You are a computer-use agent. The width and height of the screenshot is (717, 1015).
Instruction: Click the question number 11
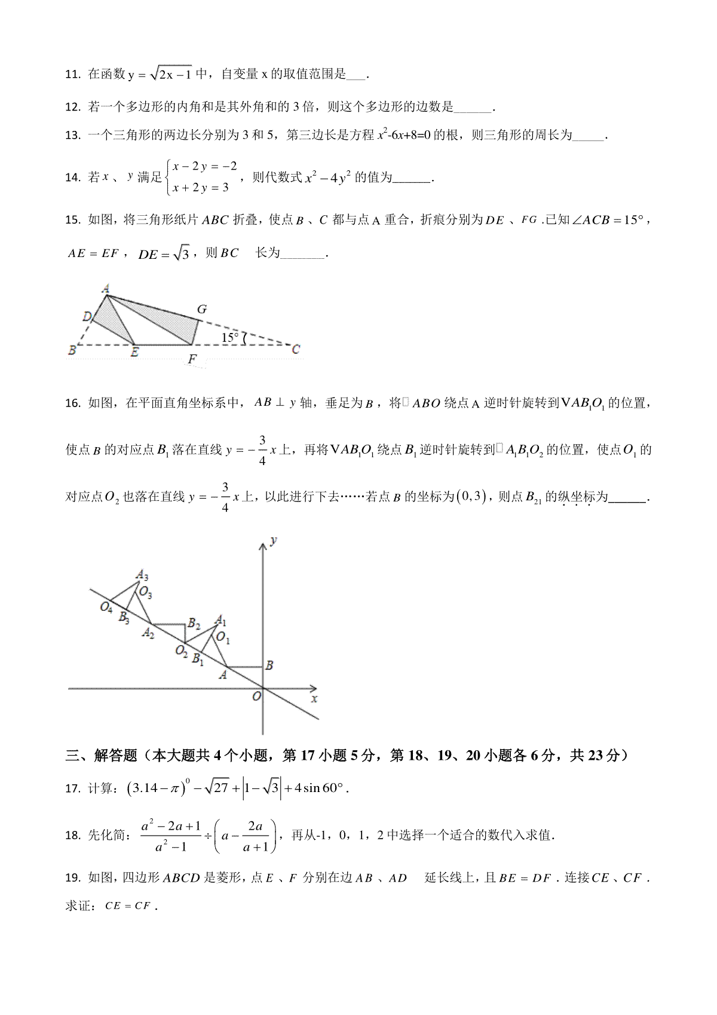[72, 75]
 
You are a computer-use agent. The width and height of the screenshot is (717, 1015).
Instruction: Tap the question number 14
[72, 178]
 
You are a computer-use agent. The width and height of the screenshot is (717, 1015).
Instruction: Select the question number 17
[72, 788]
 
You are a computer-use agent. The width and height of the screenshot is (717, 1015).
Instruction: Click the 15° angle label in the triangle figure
[230, 338]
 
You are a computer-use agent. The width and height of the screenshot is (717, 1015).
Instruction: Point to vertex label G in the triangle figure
[202, 309]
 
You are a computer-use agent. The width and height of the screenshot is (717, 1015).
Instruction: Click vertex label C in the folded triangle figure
[295, 350]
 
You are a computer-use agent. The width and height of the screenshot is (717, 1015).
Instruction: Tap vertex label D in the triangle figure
[87, 316]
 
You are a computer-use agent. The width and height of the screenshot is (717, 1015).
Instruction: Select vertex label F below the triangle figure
[192, 359]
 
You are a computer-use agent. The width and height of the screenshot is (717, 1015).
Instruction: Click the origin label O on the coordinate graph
[256, 696]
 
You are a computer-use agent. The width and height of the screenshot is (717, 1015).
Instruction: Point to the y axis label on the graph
[273, 540]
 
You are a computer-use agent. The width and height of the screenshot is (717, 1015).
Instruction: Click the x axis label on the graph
[314, 698]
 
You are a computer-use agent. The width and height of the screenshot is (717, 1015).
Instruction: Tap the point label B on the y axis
[269, 665]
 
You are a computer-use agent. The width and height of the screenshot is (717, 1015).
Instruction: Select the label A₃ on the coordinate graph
[142, 575]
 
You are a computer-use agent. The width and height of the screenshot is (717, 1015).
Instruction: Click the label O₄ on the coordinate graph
[106, 607]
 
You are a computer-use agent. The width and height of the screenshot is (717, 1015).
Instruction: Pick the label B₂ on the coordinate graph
[194, 624]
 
